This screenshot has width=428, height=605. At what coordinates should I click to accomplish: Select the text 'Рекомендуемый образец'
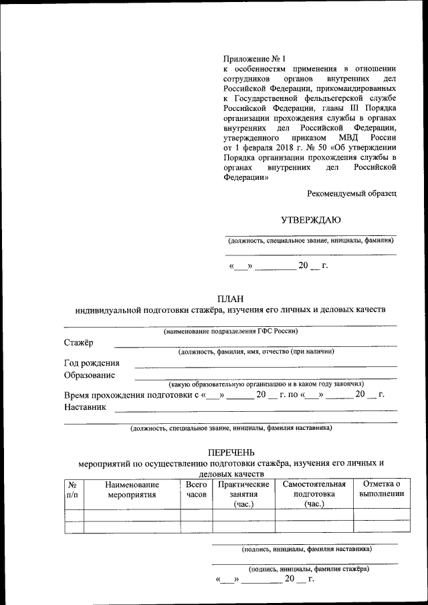[352, 193]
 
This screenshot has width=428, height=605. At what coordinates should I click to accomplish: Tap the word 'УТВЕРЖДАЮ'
[310, 220]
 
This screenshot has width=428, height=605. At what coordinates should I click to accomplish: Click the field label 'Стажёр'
[79, 342]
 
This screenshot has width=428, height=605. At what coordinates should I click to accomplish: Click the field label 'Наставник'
[85, 406]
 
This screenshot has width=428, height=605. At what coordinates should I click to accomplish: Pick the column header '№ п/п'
[73, 489]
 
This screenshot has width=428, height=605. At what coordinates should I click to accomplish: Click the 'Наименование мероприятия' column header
[132, 489]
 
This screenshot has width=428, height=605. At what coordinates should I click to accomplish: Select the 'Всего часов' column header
[196, 489]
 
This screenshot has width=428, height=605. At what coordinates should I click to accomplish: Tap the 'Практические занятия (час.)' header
[243, 494]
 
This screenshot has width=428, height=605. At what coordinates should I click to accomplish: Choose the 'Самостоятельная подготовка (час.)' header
[314, 494]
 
